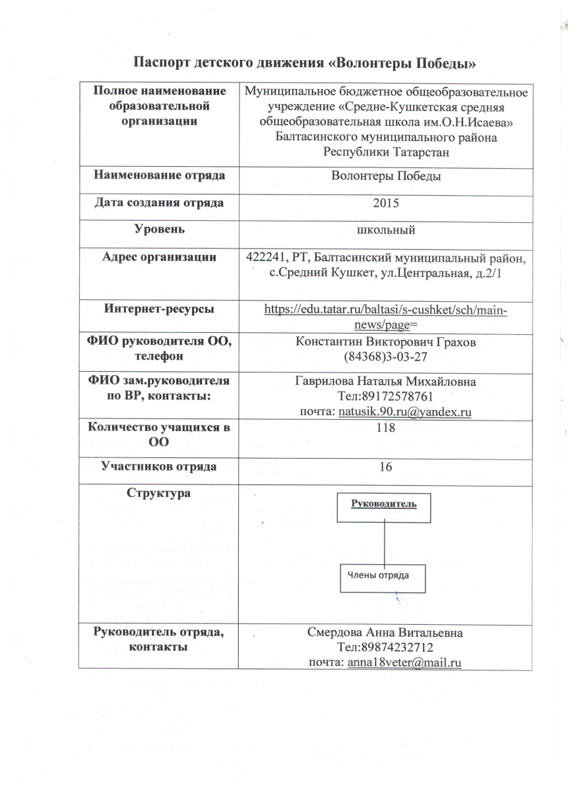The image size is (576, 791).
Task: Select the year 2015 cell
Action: click(386, 203)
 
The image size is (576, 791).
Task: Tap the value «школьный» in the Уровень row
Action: click(386, 229)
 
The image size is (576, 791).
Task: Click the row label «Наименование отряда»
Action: click(159, 176)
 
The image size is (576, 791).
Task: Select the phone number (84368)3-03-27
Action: click(386, 357)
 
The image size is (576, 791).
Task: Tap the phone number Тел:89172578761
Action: click(386, 397)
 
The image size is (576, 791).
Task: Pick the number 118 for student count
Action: click(386, 428)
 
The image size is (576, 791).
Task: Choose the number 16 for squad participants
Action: click(386, 467)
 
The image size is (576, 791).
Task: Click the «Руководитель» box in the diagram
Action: click(384, 506)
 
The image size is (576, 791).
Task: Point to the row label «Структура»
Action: click(159, 493)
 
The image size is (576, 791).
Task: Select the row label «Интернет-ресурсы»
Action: click(159, 308)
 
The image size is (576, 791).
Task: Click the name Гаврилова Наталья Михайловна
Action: click(386, 382)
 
